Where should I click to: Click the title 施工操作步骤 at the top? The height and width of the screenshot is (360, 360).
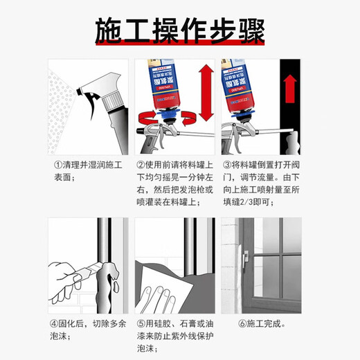click(x=179, y=30)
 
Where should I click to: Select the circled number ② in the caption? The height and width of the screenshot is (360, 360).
click(x=140, y=165)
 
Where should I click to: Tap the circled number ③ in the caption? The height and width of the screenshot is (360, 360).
click(x=226, y=165)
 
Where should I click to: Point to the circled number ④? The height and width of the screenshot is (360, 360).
click(x=55, y=323)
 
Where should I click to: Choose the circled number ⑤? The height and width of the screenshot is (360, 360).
click(x=140, y=323)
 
